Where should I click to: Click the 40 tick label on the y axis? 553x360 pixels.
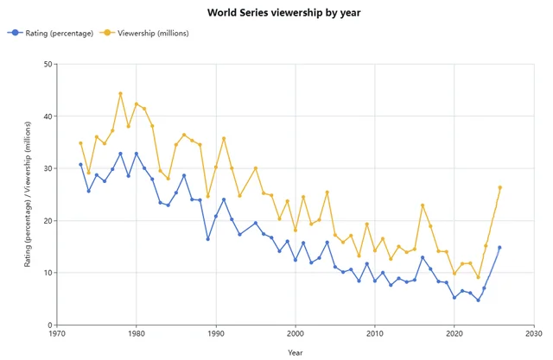[46, 117]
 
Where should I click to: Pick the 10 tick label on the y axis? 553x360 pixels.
[46, 273]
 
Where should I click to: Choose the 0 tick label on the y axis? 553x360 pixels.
[48, 325]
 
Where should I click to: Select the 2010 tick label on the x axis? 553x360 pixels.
[375, 334]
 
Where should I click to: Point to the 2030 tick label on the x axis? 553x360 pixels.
[534, 334]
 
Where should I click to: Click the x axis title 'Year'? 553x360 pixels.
[296, 352]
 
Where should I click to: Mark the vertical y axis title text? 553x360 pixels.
[28, 194]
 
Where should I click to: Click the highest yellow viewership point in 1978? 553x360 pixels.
[120, 93]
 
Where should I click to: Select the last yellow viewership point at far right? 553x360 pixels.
[499, 187]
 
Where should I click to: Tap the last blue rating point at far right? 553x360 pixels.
[499, 248]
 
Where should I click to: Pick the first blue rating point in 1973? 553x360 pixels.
[80, 164]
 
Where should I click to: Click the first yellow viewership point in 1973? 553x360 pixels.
[80, 143]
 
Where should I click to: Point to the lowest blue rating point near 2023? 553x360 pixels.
[478, 300]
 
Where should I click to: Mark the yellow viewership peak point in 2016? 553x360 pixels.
[423, 205]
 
